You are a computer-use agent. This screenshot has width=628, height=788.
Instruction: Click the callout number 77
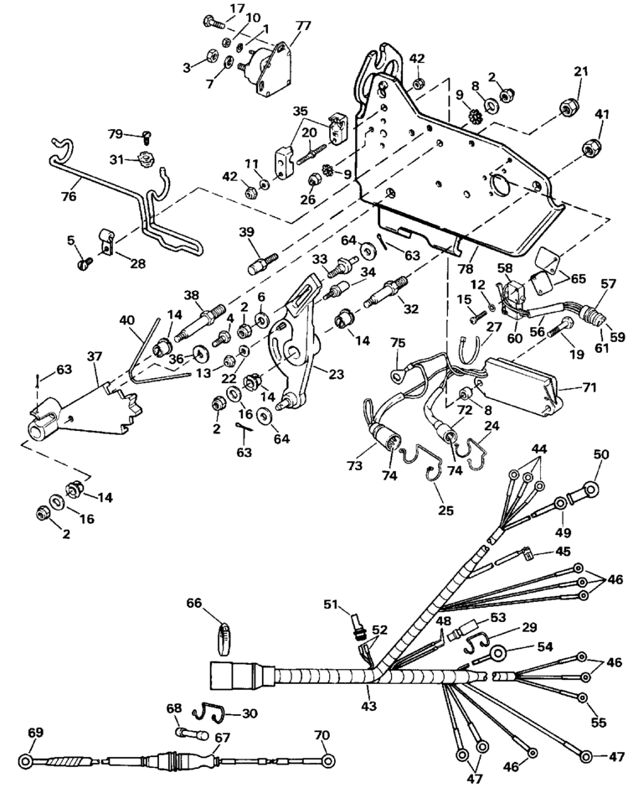tap(302, 26)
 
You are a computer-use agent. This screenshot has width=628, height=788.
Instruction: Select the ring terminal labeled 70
tap(329, 761)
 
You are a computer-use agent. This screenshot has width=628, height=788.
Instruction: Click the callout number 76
tap(68, 197)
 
